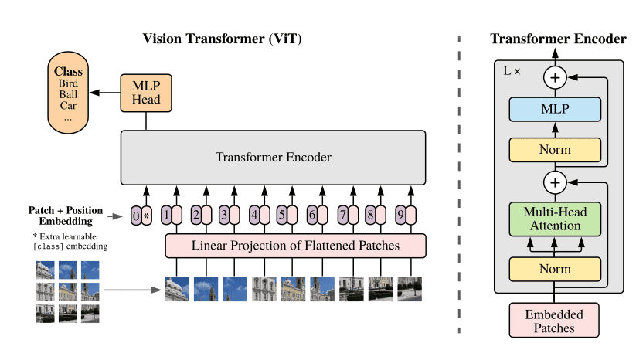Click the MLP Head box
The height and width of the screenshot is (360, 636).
146,93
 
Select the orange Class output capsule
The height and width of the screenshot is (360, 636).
68,93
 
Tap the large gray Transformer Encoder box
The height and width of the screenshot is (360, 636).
273,158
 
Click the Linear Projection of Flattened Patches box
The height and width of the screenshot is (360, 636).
295,246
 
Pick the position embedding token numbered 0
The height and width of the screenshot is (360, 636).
136,216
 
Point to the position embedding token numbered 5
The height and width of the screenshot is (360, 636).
282,216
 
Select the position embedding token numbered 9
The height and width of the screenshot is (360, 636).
401,216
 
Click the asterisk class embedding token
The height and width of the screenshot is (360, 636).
146,216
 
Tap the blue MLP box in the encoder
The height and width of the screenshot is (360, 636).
555,109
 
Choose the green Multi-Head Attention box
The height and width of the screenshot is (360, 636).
555,219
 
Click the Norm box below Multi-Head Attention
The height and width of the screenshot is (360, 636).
555,269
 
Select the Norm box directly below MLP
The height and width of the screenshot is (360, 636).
555,150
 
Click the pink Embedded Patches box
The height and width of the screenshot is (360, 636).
554,321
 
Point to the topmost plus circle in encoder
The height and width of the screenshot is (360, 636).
555,77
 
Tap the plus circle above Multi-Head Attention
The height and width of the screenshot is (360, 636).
555,182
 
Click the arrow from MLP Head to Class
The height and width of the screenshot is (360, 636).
105,93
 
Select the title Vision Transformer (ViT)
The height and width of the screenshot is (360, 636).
223,39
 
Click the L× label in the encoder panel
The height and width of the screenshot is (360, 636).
512,71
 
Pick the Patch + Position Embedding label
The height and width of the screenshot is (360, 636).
66,216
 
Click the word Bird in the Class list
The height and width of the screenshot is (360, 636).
68,83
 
